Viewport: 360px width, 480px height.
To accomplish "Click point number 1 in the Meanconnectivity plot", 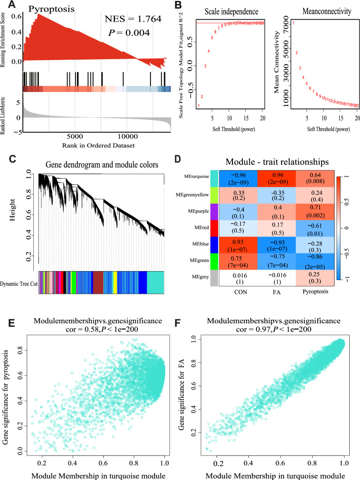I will (293, 23).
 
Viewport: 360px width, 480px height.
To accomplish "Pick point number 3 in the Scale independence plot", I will (205, 66).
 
